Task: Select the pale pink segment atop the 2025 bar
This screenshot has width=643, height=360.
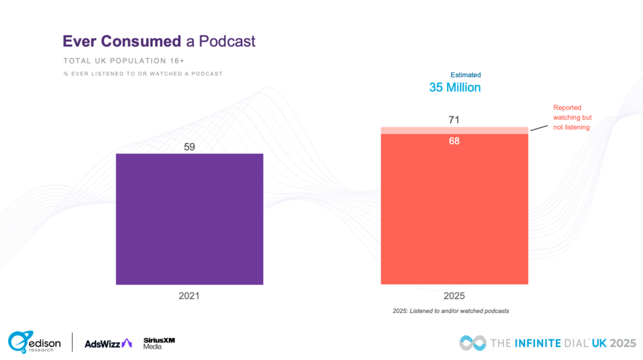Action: click(x=454, y=130)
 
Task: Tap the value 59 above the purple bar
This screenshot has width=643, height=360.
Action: click(x=190, y=147)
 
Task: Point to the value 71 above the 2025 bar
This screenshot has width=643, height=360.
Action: click(x=454, y=120)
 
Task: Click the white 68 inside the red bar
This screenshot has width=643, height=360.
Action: click(x=454, y=141)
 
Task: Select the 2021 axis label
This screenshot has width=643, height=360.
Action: click(x=189, y=295)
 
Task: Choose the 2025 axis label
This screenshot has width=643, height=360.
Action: click(x=454, y=295)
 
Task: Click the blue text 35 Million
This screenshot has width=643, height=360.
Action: click(x=455, y=87)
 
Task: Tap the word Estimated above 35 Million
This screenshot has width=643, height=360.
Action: click(x=465, y=75)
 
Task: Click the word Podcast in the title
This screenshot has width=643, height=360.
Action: click(x=227, y=41)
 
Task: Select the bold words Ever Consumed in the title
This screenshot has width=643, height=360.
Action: click(x=121, y=41)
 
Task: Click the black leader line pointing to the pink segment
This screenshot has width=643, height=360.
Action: click(x=538, y=127)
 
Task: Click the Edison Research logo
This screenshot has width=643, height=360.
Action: click(x=35, y=342)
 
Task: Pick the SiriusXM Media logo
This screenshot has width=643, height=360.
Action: click(x=159, y=342)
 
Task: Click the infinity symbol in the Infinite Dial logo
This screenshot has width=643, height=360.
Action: click(x=472, y=342)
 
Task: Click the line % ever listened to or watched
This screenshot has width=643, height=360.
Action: click(x=143, y=74)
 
